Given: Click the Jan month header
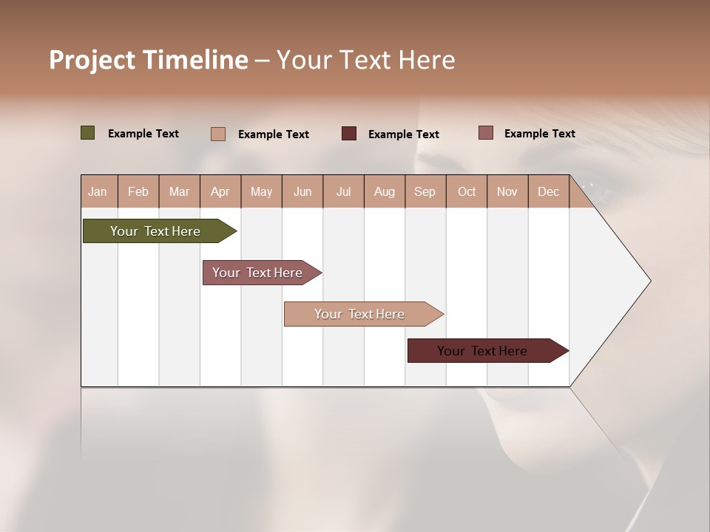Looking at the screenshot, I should tap(98, 191).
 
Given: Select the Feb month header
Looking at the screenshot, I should tap(138, 191).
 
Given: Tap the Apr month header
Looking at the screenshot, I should tap(220, 191).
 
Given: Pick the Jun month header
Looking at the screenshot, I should tap(302, 191).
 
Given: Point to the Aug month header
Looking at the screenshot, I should tap(384, 191).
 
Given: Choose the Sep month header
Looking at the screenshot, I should tap(425, 191).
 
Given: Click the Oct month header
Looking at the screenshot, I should tap(467, 191).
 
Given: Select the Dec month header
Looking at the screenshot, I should tap(548, 191).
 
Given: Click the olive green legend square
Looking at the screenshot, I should tap(88, 133).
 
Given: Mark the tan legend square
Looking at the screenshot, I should tap(218, 134).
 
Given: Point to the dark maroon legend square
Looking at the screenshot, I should tap(349, 133).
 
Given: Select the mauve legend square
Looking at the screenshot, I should tap(485, 133).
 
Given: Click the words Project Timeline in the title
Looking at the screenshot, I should tap(149, 60).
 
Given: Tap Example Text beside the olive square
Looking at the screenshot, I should tap(143, 134).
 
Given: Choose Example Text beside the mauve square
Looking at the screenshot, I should tap(540, 134).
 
